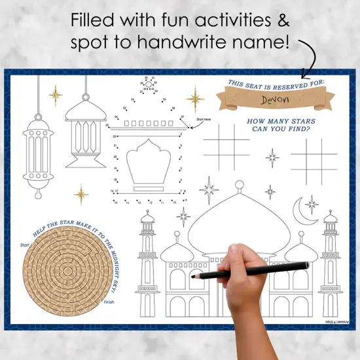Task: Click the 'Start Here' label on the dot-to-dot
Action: click(x=204, y=120)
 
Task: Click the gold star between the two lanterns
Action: click(x=56, y=96)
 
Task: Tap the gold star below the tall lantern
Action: click(x=81, y=194)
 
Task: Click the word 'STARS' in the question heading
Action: click(x=299, y=122)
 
